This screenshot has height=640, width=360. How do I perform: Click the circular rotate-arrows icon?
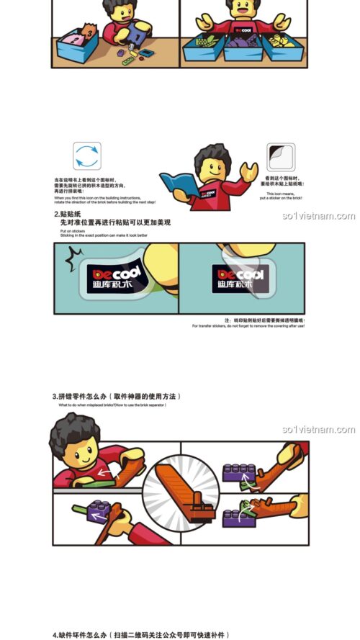tap(87, 156)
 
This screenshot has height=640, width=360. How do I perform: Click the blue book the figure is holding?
tap(176, 183)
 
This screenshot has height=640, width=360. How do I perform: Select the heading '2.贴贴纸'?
tap(66, 215)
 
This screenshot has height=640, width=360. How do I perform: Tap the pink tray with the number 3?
tap(76, 36)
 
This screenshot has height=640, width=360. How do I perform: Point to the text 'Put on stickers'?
tap(71, 230)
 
